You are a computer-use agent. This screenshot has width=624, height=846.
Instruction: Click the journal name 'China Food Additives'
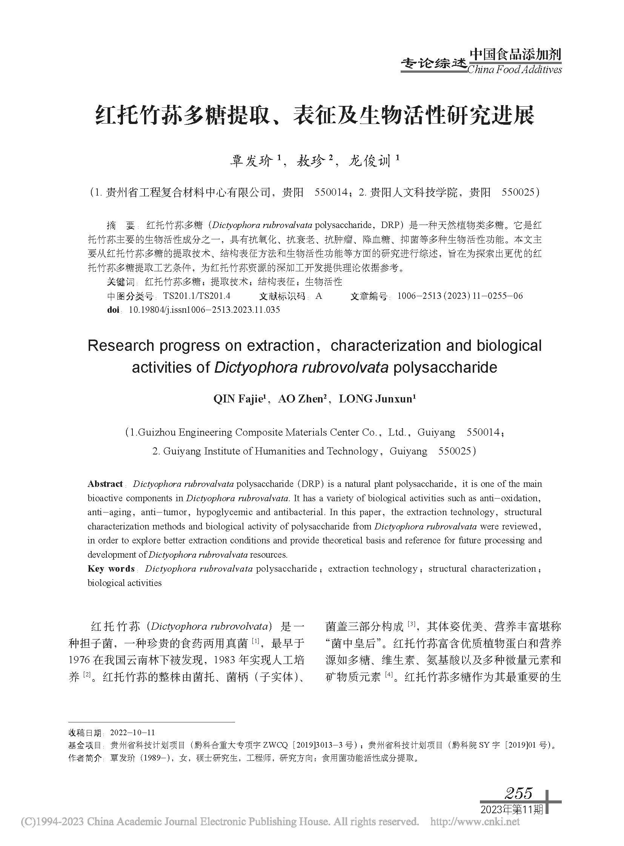[x=515, y=70]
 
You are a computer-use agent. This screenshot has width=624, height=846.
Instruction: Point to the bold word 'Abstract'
[x=105, y=484]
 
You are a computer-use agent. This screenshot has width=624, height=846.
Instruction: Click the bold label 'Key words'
[x=111, y=569]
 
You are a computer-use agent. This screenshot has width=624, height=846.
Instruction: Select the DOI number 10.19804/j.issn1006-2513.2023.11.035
[x=204, y=310]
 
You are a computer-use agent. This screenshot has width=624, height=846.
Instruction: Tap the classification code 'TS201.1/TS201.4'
[x=197, y=296]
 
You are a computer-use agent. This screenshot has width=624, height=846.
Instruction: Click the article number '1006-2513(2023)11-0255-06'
[x=460, y=296]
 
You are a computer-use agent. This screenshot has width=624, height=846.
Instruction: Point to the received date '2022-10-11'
[x=132, y=733]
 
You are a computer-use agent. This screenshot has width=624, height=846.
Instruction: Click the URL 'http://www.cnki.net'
[x=475, y=822]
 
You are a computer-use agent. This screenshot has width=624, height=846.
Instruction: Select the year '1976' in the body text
[x=79, y=660]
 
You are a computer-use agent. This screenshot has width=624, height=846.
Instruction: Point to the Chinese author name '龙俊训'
[x=369, y=162]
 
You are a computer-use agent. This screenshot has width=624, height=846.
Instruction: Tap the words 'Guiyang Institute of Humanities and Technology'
[x=271, y=451]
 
